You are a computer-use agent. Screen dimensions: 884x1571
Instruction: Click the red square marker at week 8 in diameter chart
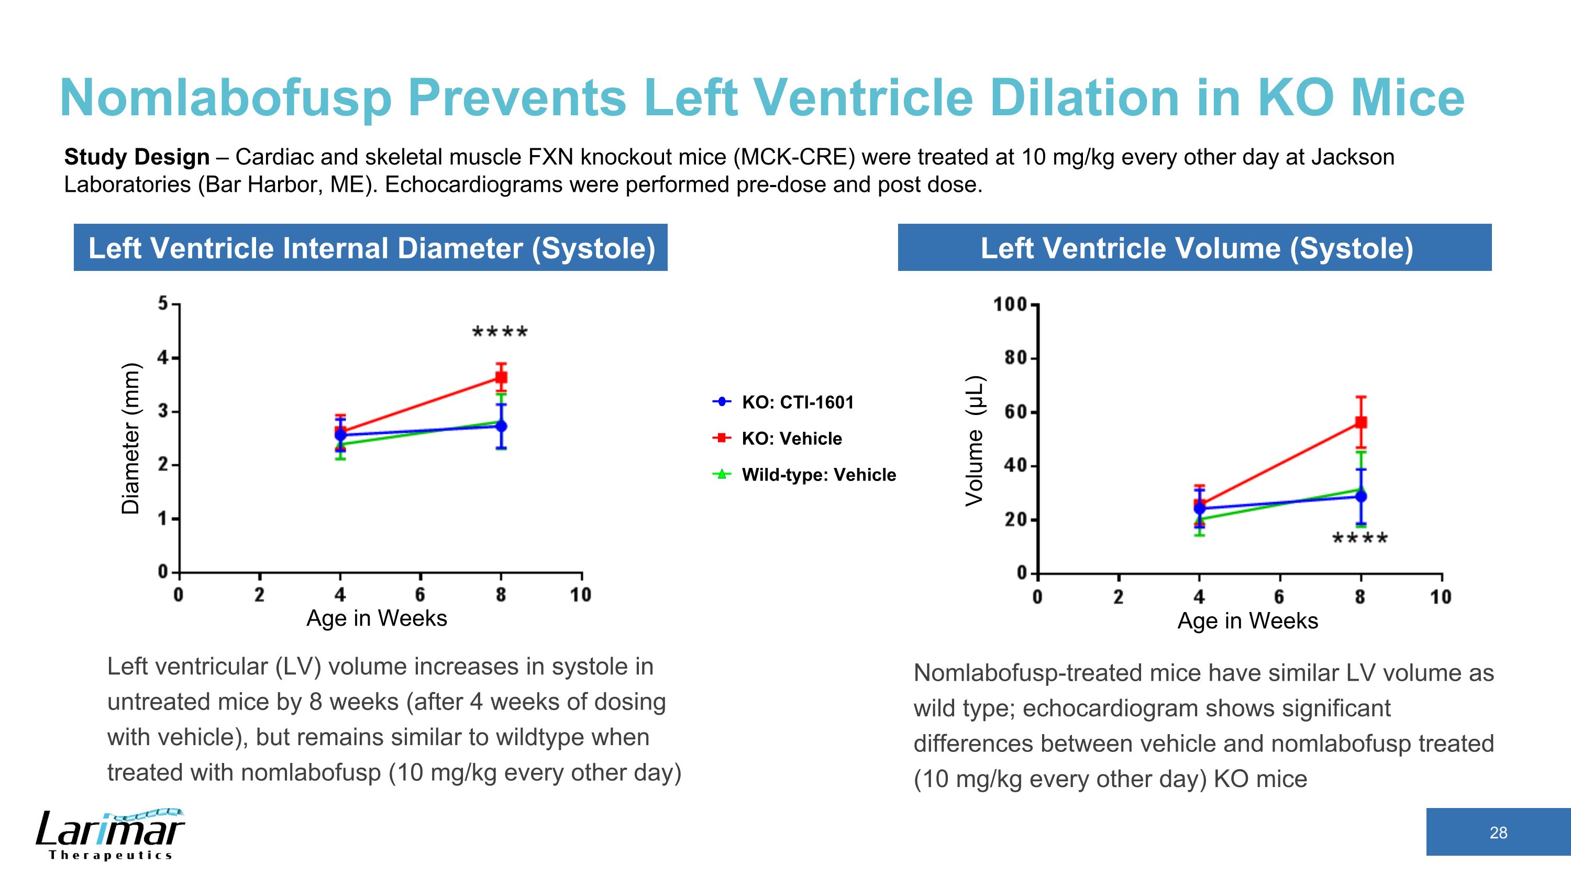tap(501, 377)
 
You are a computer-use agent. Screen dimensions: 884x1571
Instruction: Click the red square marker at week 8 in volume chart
tap(1360, 422)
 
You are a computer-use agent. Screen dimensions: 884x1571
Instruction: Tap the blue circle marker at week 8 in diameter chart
tap(501, 426)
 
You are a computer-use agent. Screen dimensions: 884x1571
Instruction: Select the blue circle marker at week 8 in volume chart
tap(1360, 496)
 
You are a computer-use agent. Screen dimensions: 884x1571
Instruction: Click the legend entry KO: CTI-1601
tap(797, 402)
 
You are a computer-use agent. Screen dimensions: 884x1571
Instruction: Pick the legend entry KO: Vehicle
tap(791, 438)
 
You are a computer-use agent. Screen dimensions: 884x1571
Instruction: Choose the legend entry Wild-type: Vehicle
tap(818, 475)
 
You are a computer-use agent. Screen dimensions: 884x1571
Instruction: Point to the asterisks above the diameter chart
tap(500, 334)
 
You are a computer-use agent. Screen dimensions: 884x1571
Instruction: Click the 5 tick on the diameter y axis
tap(163, 303)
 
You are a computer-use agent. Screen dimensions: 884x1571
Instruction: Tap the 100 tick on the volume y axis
tap(1011, 304)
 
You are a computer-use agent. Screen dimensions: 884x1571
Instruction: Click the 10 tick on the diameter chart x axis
tap(581, 595)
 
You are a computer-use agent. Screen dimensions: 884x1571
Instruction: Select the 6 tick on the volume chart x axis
tap(1279, 597)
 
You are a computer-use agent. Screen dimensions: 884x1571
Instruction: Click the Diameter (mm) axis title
tap(130, 438)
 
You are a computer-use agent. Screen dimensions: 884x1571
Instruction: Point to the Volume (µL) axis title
tap(974, 441)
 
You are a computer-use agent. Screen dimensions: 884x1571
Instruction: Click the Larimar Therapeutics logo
tap(110, 834)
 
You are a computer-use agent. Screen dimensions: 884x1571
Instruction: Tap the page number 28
tap(1498, 833)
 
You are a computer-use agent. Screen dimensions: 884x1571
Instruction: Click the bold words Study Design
tap(137, 157)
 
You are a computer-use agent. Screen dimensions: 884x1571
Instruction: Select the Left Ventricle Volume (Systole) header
tap(1196, 248)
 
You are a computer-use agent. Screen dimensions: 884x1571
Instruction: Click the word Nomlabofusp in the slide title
tap(226, 98)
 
